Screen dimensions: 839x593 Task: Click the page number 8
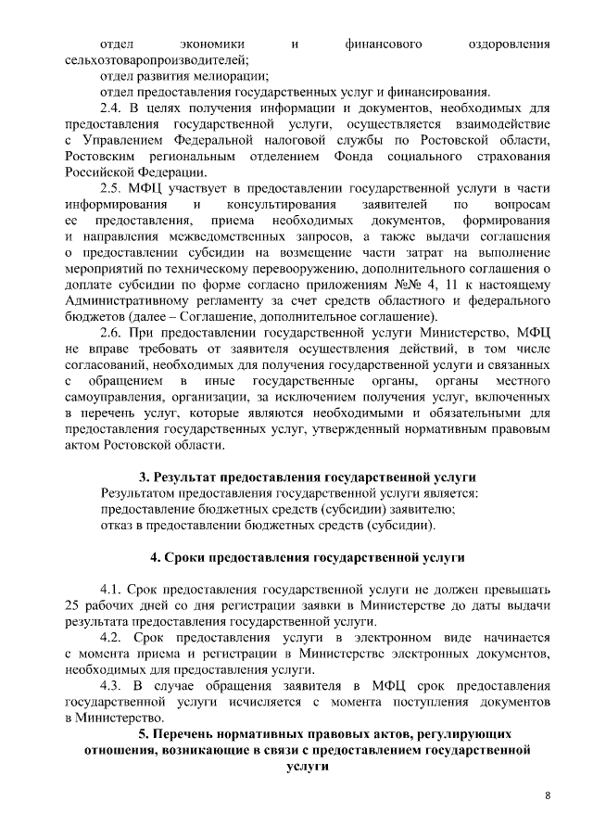click(x=548, y=795)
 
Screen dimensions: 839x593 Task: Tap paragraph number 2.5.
click(x=114, y=186)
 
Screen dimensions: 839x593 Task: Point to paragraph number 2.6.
click(x=114, y=331)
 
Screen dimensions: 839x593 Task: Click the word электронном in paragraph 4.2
click(x=384, y=639)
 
